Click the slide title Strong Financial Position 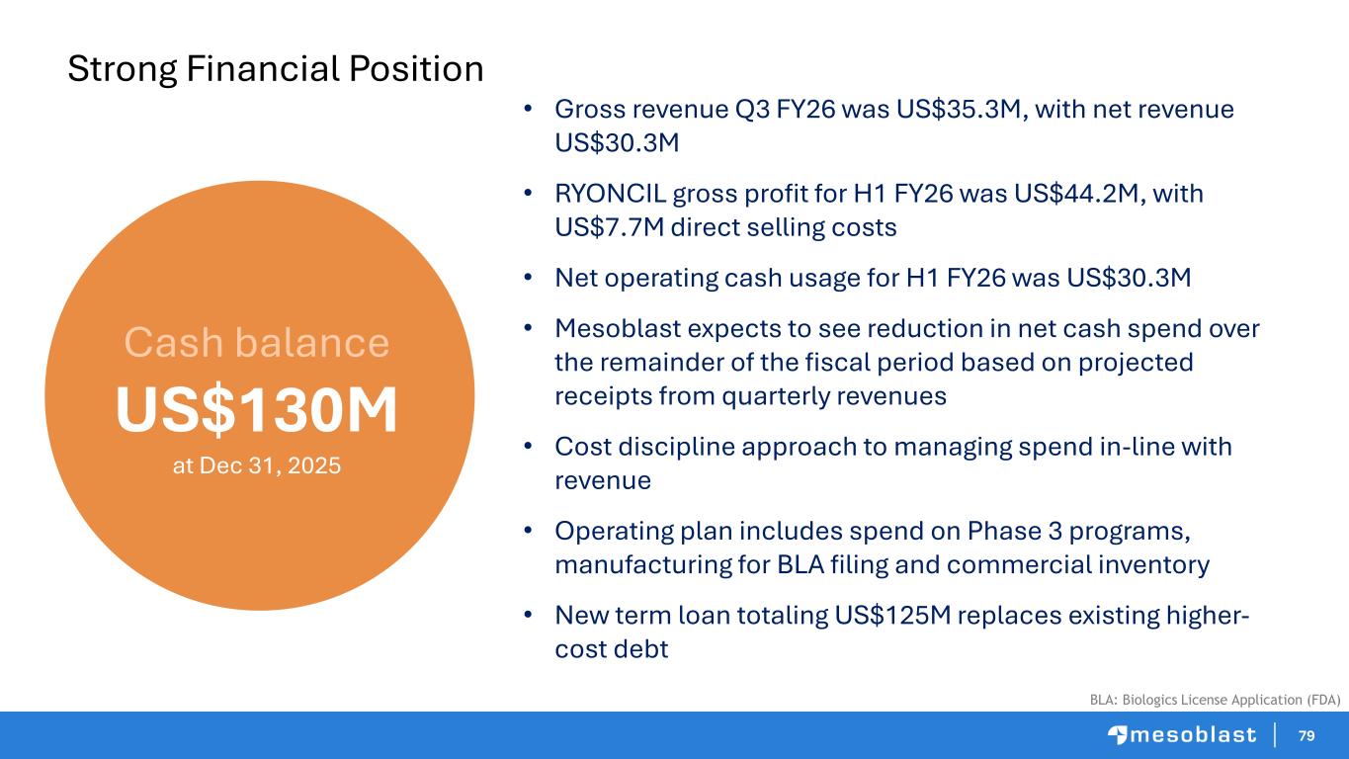pos(275,68)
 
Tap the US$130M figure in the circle pos(257,409)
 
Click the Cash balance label pos(257,342)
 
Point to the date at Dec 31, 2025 pos(257,465)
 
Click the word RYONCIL pos(610,194)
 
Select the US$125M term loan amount pos(892,616)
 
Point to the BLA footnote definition pos(1215,700)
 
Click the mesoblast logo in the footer pos(1182,735)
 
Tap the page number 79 pos(1307,735)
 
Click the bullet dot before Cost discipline pos(528,447)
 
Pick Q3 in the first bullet pos(752,110)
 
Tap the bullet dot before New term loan pos(528,615)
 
